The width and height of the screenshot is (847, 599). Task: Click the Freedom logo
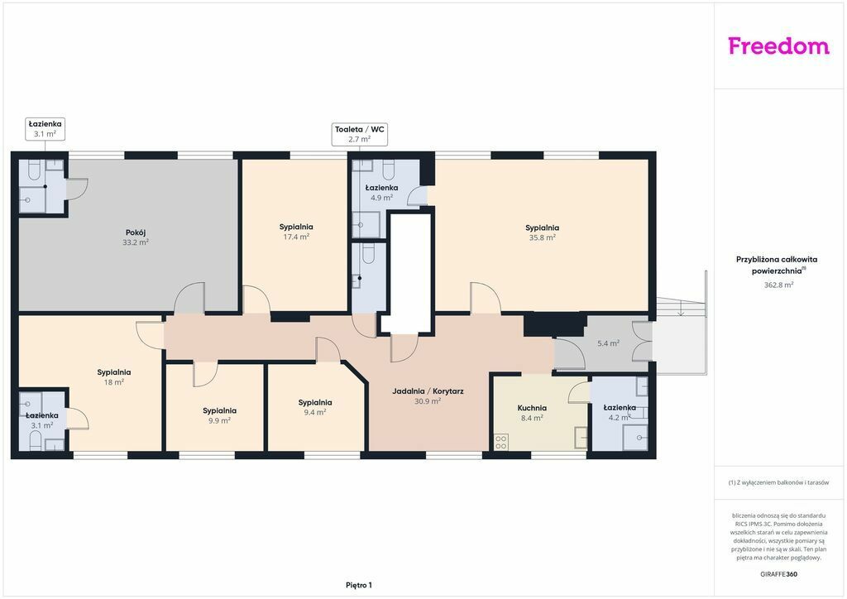778,46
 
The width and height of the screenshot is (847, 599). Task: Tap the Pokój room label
136,232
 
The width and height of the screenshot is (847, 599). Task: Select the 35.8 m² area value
543,237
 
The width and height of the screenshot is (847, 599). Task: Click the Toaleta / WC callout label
359,130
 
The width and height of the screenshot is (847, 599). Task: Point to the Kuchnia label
532,409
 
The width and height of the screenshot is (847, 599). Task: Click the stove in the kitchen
500,443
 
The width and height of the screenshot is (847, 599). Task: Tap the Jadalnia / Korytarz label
428,391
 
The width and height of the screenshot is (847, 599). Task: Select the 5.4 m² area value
608,343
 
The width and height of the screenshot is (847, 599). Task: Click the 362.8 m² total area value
778,285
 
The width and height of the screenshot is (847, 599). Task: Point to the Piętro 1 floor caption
359,585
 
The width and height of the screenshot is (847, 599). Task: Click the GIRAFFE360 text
778,574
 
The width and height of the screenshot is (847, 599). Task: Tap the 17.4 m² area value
297,237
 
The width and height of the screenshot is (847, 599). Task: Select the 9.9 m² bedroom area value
219,420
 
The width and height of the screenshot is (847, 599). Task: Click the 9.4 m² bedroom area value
315,412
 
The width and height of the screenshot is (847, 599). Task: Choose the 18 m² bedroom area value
114,382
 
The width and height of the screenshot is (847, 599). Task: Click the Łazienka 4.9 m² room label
381,193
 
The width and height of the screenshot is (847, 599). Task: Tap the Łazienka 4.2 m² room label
620,412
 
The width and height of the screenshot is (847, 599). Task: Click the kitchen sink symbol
581,438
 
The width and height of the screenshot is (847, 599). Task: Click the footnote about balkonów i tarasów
778,482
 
